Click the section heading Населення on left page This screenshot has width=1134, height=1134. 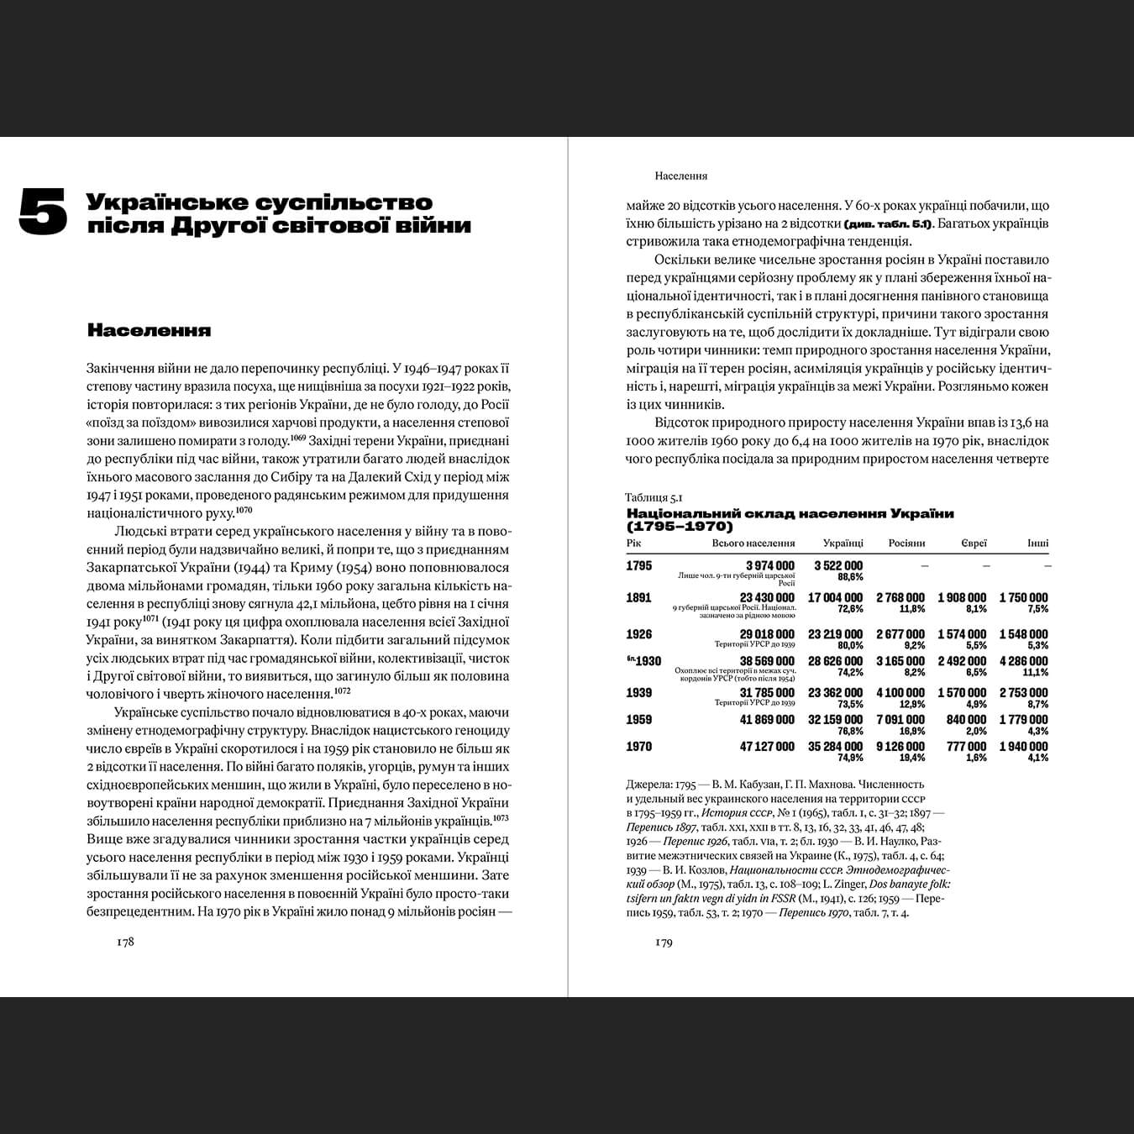coord(149,330)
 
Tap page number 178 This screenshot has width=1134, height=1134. coord(125,942)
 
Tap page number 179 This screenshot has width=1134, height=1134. coord(664,942)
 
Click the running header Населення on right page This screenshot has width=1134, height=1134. coord(680,176)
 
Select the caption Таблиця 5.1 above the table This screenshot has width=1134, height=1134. coord(654,497)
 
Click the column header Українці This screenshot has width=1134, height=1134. coord(843,543)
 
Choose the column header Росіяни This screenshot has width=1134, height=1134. coord(906,543)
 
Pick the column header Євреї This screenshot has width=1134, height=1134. coord(974,543)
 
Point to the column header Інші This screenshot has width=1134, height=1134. coord(1037,543)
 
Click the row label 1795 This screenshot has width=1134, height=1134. coord(639,565)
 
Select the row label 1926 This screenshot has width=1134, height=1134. coord(639,634)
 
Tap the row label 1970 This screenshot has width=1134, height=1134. coord(639,746)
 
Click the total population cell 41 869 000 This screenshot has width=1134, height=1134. coord(767,719)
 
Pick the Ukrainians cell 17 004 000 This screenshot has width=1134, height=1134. coord(835,597)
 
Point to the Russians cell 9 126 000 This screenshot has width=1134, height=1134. coord(900,746)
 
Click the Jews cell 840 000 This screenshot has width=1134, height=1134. coord(966,719)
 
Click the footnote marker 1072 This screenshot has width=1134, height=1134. coord(342,690)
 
